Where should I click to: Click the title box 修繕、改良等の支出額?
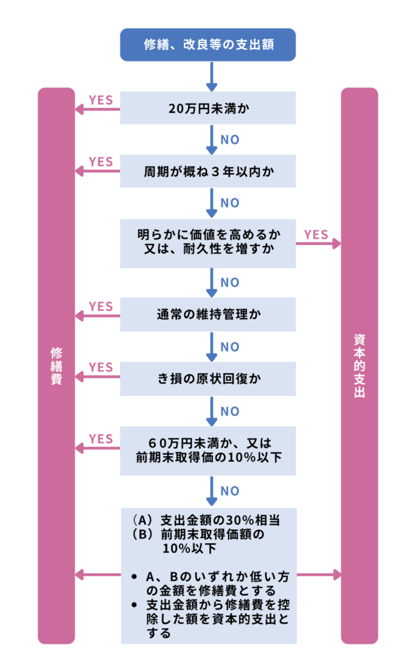pos(208,44)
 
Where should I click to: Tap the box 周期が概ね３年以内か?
pos(208,171)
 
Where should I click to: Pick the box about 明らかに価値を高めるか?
pos(208,243)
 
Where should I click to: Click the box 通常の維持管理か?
pos(208,315)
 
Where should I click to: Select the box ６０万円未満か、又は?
pos(208,450)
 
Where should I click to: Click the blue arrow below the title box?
pos(211,77)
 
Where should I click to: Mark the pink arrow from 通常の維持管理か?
pos(98,316)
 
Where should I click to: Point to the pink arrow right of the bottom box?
pos(319,574)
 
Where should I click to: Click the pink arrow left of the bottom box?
pos(98,574)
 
